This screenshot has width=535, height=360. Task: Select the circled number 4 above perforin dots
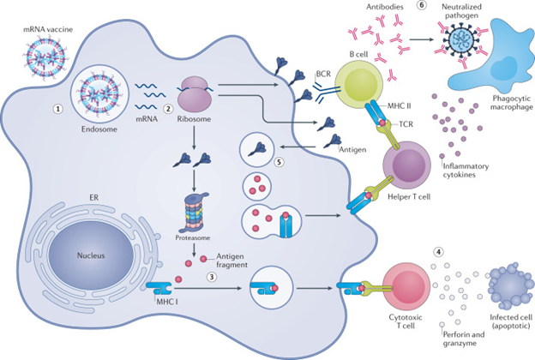(438, 253)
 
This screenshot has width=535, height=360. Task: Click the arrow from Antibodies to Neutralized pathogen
(407, 39)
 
